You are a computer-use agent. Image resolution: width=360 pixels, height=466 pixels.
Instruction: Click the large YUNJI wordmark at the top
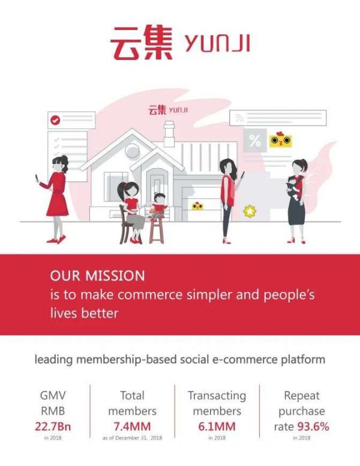pyautogui.click(x=217, y=43)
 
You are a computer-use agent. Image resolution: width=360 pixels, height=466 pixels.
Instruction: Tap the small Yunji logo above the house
pyautogui.click(x=168, y=110)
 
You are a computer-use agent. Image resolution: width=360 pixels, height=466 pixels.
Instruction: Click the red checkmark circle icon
pyautogui.click(x=55, y=120)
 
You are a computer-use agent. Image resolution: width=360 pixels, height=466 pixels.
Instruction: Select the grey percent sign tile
pyautogui.click(x=255, y=141)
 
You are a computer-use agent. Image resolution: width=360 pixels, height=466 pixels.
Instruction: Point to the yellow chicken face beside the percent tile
pyautogui.click(x=280, y=141)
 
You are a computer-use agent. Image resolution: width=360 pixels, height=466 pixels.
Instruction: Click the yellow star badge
pyautogui.click(x=250, y=211)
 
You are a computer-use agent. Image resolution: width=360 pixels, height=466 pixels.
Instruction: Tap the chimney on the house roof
pyautogui.click(x=169, y=134)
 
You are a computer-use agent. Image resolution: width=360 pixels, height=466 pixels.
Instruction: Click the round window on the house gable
pyautogui.click(x=132, y=151)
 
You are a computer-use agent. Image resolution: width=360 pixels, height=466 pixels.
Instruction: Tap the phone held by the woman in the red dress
pyautogui.click(x=36, y=178)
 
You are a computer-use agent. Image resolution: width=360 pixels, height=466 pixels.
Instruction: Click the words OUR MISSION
pyautogui.click(x=97, y=276)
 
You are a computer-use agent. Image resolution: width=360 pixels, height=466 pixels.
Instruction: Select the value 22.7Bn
pyautogui.click(x=53, y=426)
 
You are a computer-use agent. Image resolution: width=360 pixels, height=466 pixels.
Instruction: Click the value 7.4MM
pyautogui.click(x=132, y=426)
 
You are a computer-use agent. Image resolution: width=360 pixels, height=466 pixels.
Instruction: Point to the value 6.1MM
pyautogui.click(x=217, y=426)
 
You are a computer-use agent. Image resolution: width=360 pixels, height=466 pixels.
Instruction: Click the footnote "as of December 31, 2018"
pyautogui.click(x=132, y=438)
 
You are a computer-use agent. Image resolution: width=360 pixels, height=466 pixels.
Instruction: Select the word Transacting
pyautogui.click(x=217, y=396)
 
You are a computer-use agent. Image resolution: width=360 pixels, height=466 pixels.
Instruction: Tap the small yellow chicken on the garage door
pyautogui.click(x=197, y=206)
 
